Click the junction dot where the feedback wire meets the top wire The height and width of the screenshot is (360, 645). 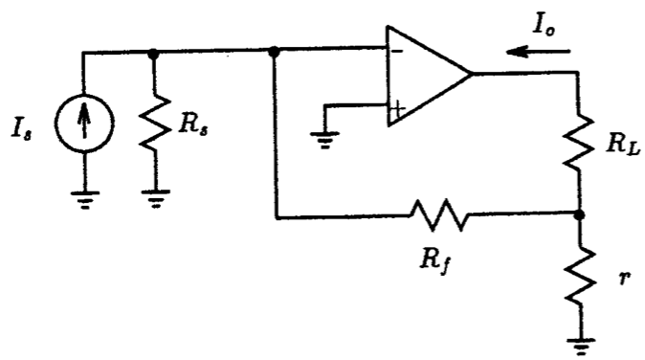point(276,54)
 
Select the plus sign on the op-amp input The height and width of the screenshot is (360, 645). point(395,108)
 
